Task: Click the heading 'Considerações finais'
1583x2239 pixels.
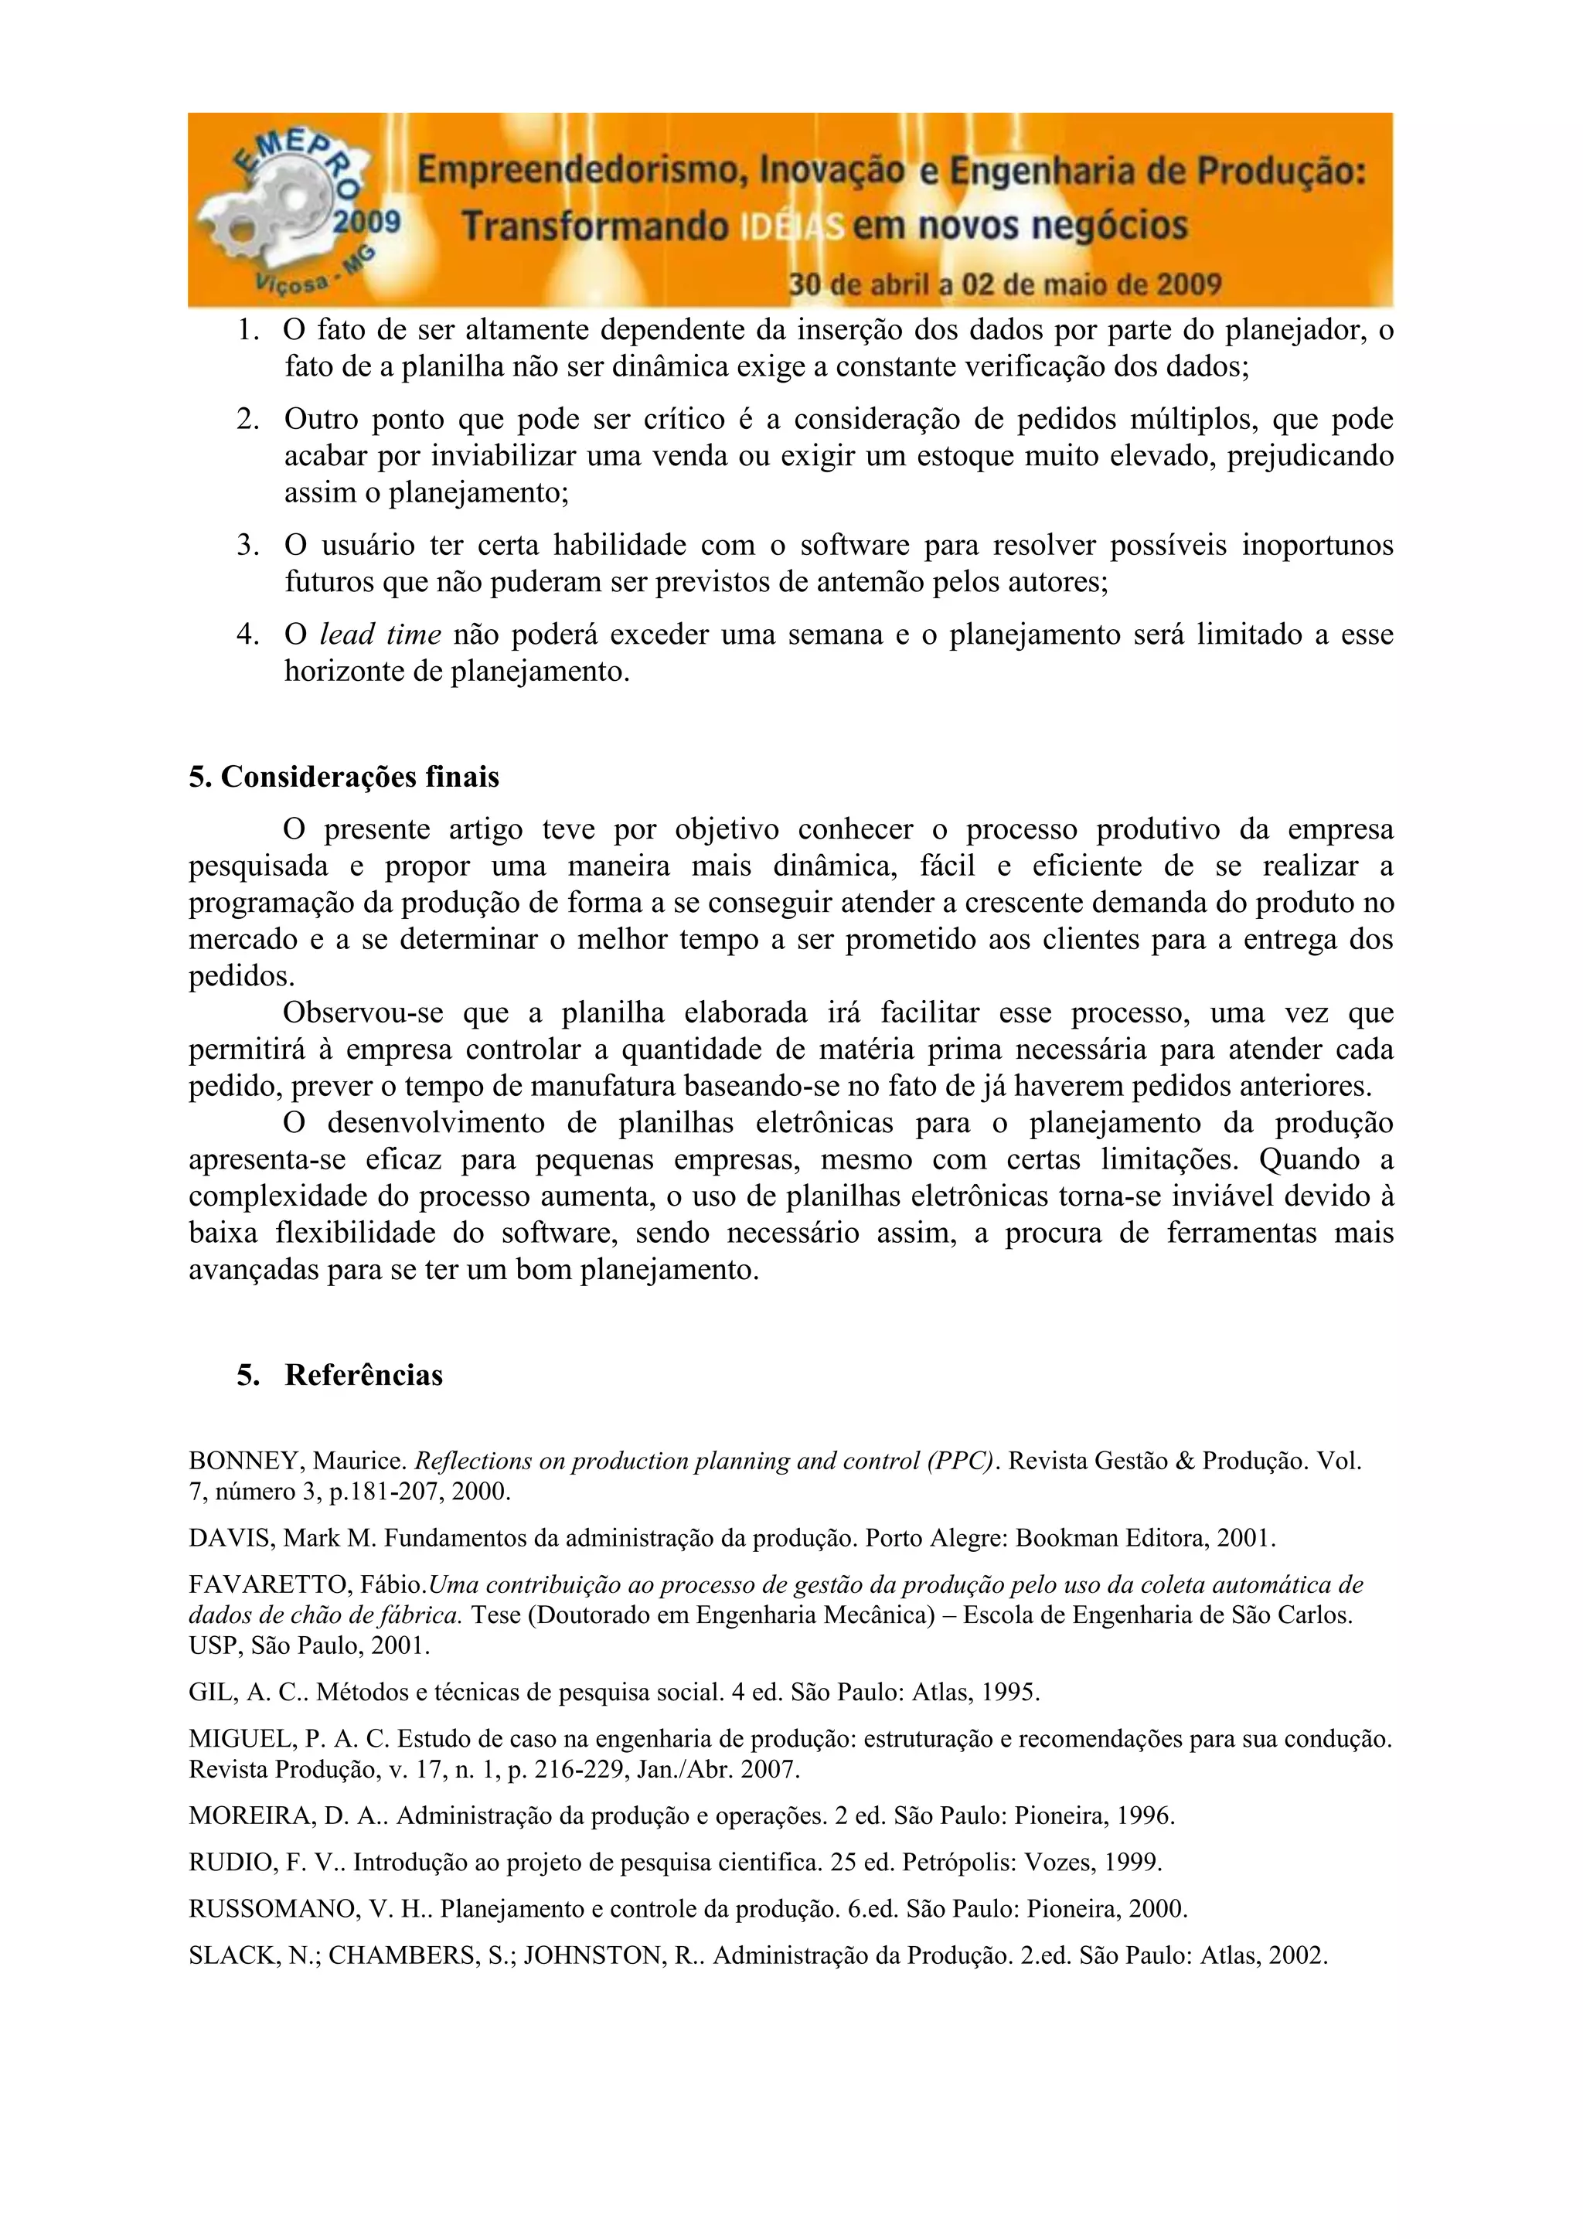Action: [x=360, y=778]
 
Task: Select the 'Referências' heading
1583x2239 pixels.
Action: [x=364, y=1375]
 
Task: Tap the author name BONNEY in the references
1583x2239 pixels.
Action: [x=247, y=1461]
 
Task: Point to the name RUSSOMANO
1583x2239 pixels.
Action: [x=275, y=1908]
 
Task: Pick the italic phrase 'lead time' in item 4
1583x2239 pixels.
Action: [x=380, y=635]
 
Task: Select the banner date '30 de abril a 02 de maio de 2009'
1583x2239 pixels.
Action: [x=1005, y=284]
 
